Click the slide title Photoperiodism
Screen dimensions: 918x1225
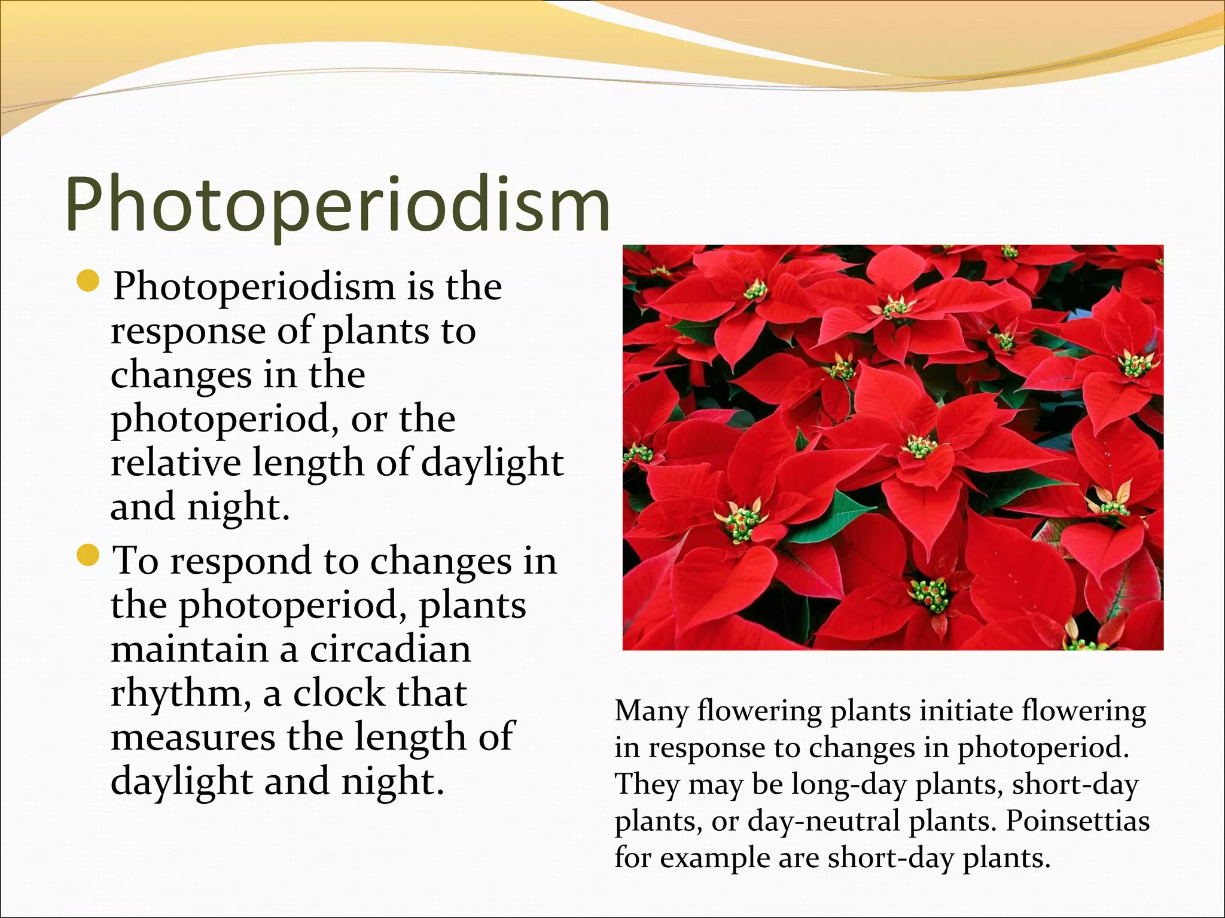point(337,204)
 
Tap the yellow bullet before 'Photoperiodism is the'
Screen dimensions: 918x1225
point(88,282)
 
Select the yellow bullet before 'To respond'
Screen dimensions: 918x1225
point(88,557)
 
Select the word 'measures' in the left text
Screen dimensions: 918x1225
point(193,738)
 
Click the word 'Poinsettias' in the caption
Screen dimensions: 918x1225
point(1077,821)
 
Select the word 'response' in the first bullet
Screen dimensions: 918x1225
point(188,332)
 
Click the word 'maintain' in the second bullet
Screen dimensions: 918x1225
point(190,649)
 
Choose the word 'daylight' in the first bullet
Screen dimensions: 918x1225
point(492,463)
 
